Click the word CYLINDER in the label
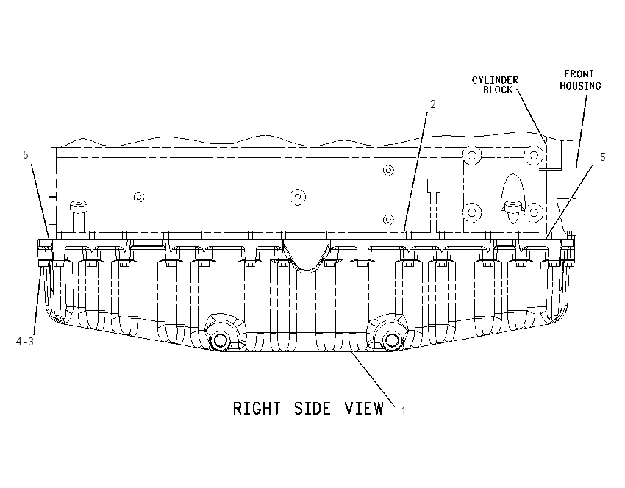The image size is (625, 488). pos(495,80)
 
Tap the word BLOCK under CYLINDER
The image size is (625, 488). pos(498,90)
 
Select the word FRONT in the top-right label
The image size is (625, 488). pos(579,74)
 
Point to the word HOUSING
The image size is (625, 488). pos(580,86)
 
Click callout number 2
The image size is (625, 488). pos(433,104)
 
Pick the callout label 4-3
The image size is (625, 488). pos(25,342)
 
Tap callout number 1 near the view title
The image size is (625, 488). pos(404,410)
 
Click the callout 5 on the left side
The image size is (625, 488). pos(26,155)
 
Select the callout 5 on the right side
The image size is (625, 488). pos(603,157)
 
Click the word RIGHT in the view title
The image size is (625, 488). pos(257,409)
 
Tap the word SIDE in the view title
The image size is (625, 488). pos(312,409)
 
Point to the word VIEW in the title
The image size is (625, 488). pos(364,409)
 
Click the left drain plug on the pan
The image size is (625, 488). pos(220,340)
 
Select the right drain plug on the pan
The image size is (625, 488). pos(391,340)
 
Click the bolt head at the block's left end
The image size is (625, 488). pos(79,207)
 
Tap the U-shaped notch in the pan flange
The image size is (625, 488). pos(307,259)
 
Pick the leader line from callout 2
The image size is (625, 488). pos(415,172)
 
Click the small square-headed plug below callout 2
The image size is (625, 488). pos(434,186)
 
